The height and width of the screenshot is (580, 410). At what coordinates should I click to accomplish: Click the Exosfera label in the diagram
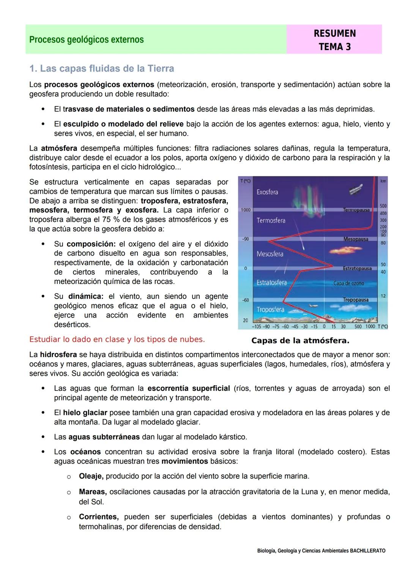coord(267,192)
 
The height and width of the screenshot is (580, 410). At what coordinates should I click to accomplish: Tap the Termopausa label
coord(356,210)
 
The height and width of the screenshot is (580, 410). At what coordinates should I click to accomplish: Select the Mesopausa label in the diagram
coord(356,239)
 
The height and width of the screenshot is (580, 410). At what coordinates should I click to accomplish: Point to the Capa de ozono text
coord(348,283)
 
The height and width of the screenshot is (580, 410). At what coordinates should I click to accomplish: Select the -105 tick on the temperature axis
coord(257,327)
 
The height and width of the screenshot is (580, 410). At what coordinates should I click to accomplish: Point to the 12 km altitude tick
coord(383,296)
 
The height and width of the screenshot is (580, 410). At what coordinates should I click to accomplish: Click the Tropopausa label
coord(356,300)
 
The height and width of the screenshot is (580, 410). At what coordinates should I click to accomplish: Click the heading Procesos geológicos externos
coord(87,40)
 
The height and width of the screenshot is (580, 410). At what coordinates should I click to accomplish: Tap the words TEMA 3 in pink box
coord(334,47)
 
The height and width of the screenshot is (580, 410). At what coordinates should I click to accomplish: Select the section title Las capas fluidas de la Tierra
coord(102,69)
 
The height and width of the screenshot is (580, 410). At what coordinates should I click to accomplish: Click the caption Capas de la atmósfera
coord(300,341)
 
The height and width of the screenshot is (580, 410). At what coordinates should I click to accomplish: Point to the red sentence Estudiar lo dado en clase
coord(117,340)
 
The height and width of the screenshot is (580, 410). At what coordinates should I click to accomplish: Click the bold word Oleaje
coord(91,476)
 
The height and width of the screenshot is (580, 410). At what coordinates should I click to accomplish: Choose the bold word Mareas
coord(92,492)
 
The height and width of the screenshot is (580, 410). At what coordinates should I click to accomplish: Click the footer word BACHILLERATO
coord(367,551)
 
